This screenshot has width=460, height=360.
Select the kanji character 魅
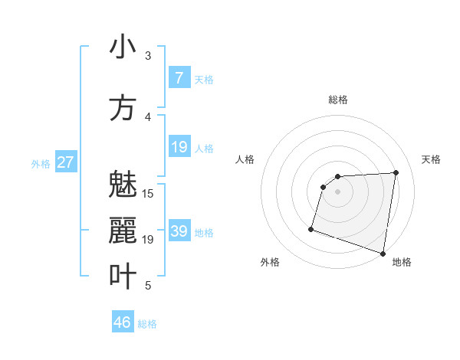pos(123,185)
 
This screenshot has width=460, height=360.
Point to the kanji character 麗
pos(123,231)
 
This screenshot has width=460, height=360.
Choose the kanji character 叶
pos(123,277)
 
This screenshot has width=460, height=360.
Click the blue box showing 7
pos(179,77)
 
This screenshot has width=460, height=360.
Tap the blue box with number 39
pos(179,231)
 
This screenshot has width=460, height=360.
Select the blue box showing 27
pos(66,162)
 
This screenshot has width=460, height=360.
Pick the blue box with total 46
pos(123,322)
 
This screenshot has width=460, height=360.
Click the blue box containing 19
pos(179,147)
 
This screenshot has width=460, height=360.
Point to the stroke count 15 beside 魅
pos(148,194)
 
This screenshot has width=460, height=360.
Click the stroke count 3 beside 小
pos(148,56)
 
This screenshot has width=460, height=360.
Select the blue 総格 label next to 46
pos(147,324)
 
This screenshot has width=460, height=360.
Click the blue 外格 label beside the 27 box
pos(41,163)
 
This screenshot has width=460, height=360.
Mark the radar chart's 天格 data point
pos(396,172)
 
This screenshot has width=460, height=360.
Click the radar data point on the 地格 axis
pos(383,253)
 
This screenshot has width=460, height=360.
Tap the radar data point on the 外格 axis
pos(311,228)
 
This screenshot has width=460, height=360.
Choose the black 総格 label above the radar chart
pos(338,100)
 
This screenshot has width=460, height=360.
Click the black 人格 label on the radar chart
pos(245,159)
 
